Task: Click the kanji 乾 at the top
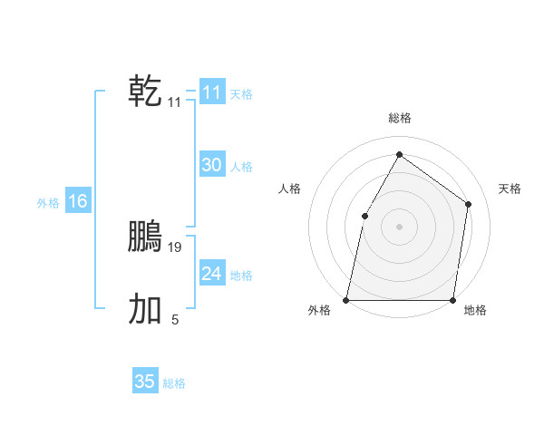pos(145,92)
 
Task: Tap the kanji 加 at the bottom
pos(145,309)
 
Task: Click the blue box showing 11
pos(212,92)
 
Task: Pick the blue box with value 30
pos(212,165)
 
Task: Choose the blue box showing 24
pos(212,274)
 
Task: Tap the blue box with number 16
pos(78,201)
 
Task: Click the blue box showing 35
pos(145,382)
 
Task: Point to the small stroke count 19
pos(175,247)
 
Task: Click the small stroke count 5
pos(175,319)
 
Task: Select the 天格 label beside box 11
pos(241,94)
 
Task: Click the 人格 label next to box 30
pos(241,167)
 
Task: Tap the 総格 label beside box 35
pos(174,383)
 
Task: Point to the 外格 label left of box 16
pos(49,203)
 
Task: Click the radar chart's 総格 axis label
pos(399,118)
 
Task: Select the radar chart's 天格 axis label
pos(510,189)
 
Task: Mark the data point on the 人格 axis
pos(364,216)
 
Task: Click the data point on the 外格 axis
pos(346,299)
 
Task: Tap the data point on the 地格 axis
pos(452,299)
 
